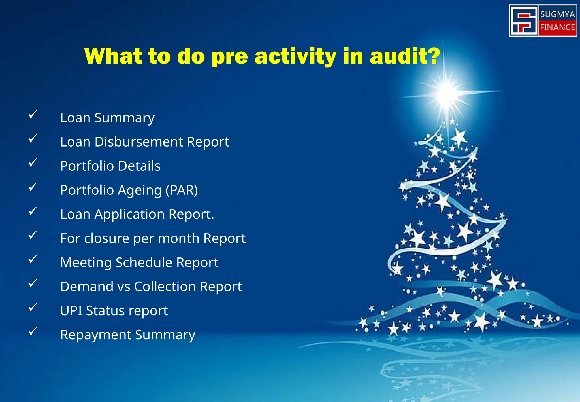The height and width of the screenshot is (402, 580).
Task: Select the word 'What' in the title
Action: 113,56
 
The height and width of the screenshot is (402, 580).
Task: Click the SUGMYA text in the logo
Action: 557,14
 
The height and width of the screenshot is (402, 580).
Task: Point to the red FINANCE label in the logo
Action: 557,27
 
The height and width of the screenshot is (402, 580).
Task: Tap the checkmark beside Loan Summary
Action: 33,115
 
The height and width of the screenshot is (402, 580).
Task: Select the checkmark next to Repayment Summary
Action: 33,331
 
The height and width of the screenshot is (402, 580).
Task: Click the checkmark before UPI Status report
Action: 33,307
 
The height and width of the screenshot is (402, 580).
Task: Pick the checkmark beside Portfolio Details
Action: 33,163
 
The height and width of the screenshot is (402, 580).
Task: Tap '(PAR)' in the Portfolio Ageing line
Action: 182,190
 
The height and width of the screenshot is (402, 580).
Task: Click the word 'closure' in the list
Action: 107,238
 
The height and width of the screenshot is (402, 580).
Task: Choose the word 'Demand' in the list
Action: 87,287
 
